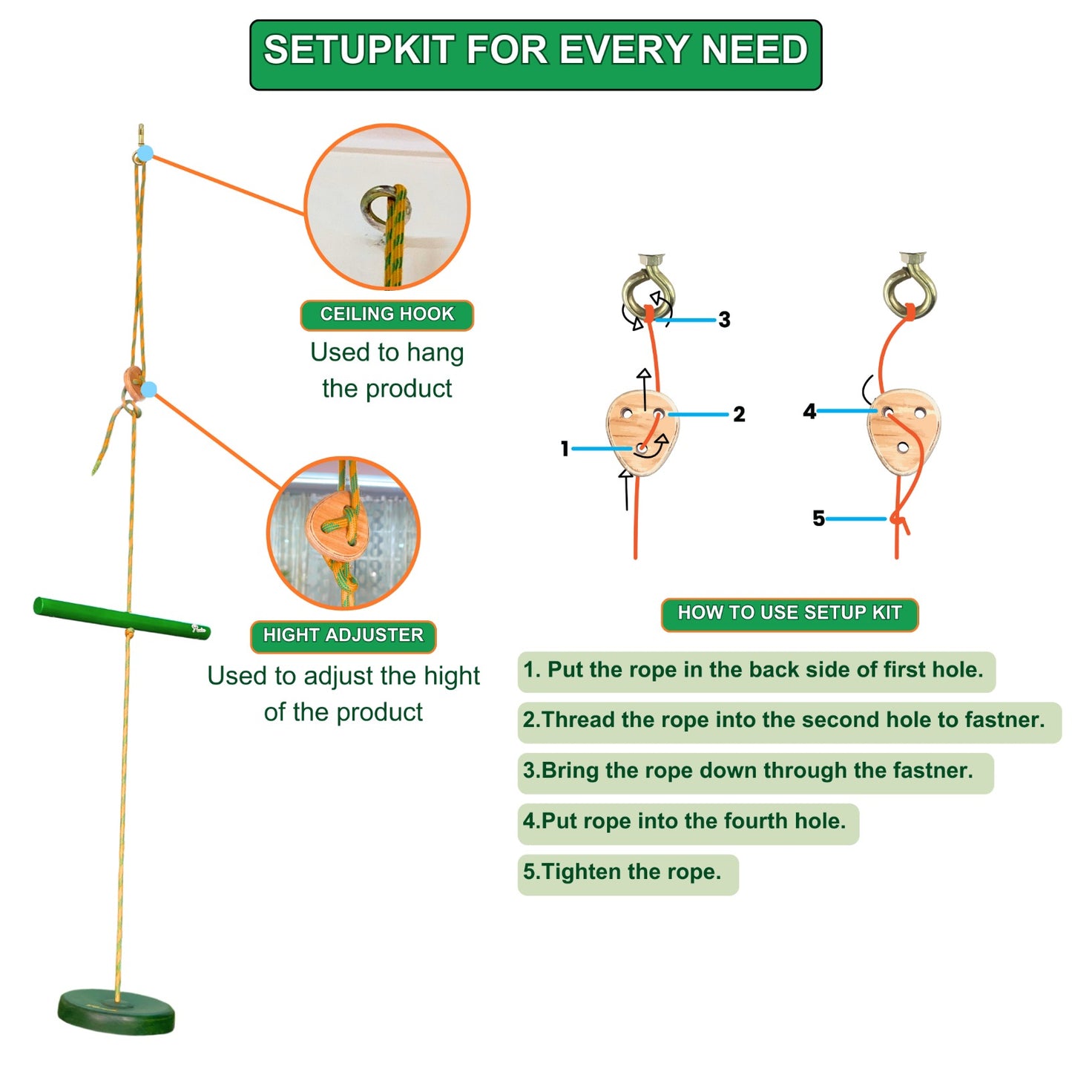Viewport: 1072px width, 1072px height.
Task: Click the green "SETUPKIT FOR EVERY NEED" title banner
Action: pos(535,54)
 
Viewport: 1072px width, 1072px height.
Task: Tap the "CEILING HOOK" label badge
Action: pos(387,315)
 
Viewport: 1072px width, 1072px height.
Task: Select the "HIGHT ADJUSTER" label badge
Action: pos(343,636)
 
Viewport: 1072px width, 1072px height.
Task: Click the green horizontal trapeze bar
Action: pos(121,618)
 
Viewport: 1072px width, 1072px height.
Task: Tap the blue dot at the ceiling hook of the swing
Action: pos(145,154)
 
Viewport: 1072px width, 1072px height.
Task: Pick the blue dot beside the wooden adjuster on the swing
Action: pos(149,389)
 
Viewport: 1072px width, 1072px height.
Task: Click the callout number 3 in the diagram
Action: pos(724,319)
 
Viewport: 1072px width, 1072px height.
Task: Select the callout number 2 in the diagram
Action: pos(739,414)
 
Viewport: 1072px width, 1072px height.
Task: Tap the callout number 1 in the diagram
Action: pos(565,448)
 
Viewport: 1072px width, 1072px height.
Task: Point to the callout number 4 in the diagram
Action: pos(809,411)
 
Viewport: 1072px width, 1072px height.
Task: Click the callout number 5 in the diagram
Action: pos(818,518)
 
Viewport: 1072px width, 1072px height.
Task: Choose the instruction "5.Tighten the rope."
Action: pos(622,871)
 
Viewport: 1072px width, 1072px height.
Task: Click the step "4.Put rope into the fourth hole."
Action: pos(684,821)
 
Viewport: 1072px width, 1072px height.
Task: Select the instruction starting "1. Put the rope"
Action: pos(753,670)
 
